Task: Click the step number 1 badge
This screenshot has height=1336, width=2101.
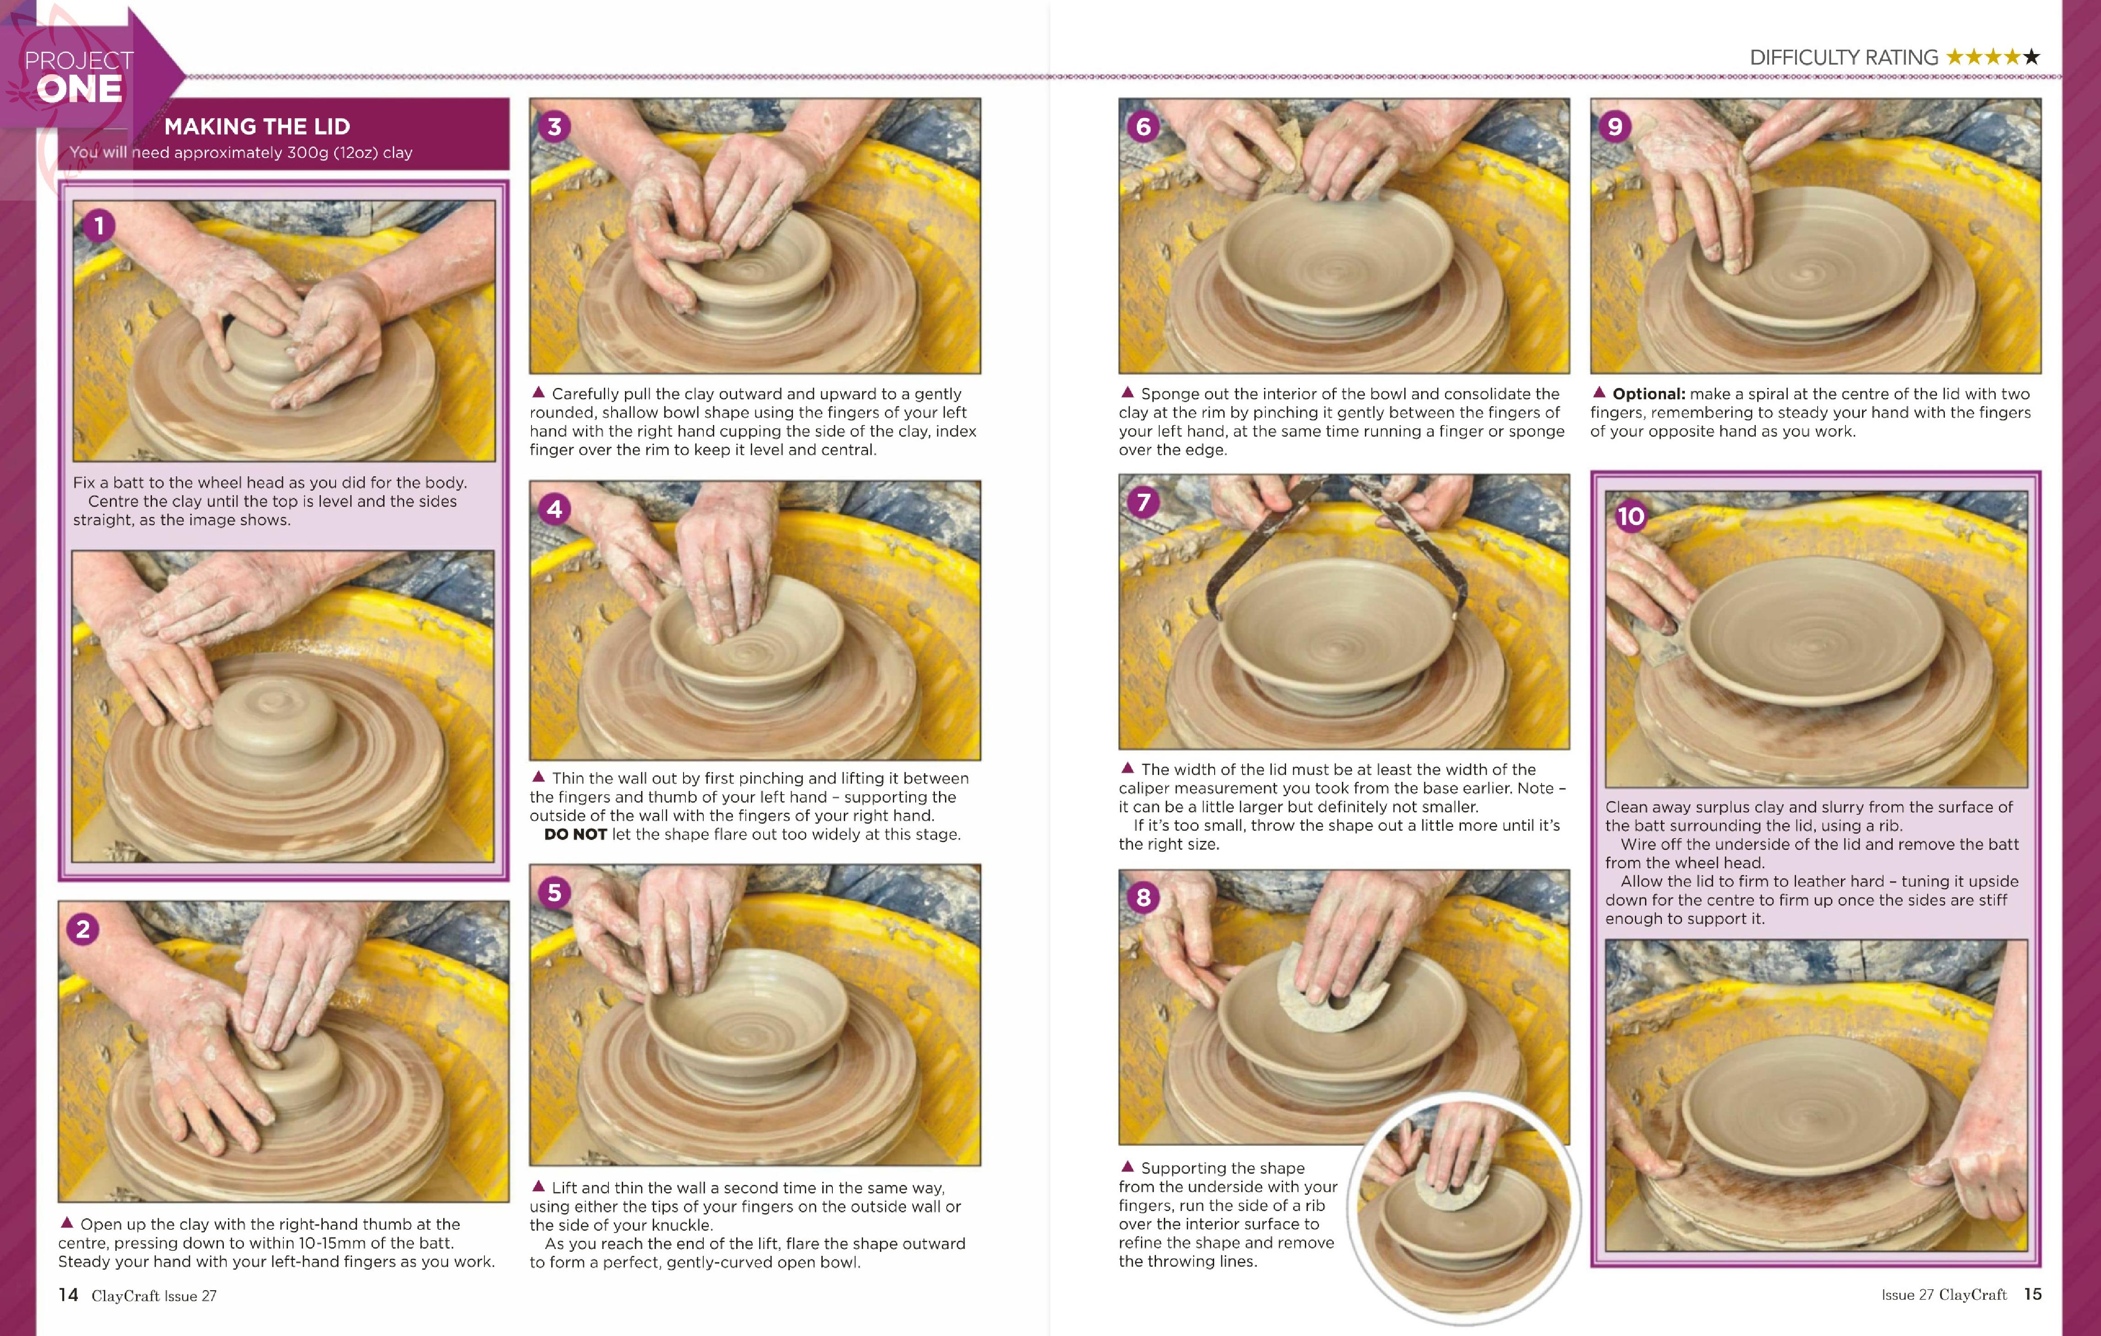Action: pos(98,226)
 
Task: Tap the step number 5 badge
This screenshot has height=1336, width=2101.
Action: pos(554,893)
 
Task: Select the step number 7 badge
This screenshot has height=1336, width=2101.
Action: pos(1143,502)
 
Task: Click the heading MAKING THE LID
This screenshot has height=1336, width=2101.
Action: pos(257,126)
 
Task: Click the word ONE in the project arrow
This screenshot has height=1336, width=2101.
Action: pos(79,89)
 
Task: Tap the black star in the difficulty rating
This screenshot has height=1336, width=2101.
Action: pos(2031,57)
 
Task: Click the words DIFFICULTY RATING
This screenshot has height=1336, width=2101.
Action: pos(1844,58)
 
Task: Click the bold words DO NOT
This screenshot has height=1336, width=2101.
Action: pos(575,834)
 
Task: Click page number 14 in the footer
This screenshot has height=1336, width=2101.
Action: pos(68,1294)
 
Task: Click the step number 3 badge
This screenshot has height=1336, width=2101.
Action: pos(554,126)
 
